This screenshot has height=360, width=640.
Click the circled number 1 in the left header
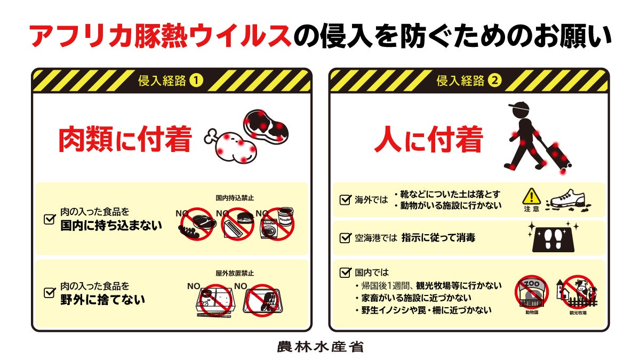[x=196, y=81]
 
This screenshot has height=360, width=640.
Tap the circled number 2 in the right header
[x=494, y=81]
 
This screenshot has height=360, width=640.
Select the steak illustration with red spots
[x=266, y=126]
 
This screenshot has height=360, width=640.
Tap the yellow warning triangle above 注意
[x=531, y=196]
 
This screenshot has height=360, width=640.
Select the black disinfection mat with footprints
[x=554, y=239]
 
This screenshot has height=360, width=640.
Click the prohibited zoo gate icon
[x=532, y=292]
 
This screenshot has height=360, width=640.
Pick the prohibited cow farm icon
[x=578, y=292]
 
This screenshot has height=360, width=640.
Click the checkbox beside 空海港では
[x=345, y=238]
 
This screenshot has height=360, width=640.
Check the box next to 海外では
[x=345, y=199]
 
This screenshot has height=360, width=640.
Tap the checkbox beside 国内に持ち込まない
[x=50, y=219]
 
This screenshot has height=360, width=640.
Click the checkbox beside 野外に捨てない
[x=50, y=293]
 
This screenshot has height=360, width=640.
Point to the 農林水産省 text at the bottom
[x=321, y=347]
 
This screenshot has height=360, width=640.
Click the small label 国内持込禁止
[x=235, y=198]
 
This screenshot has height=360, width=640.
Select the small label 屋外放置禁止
[x=235, y=274]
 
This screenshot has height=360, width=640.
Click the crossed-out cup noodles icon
[x=277, y=223]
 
